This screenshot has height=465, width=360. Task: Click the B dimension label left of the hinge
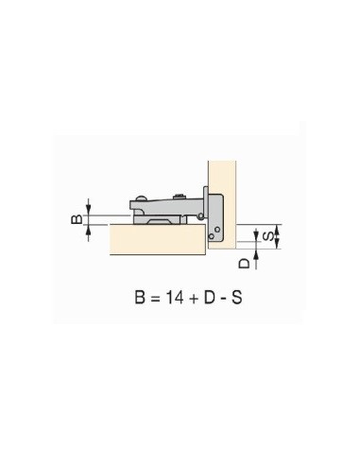(x=77, y=219)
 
